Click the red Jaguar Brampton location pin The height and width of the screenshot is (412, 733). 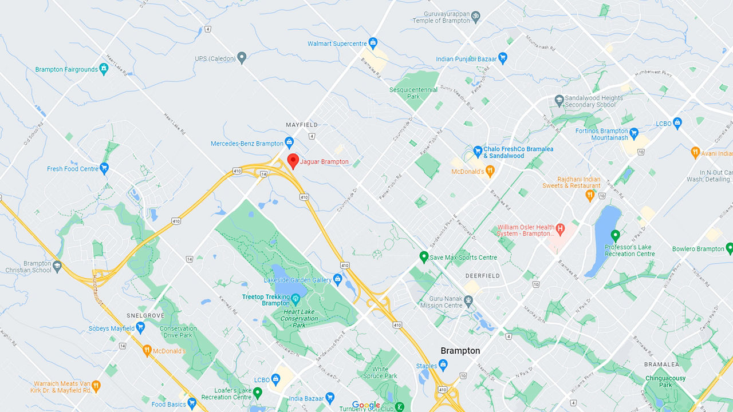pyautogui.click(x=293, y=161)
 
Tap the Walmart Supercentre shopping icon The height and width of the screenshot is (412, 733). pyautogui.click(x=373, y=43)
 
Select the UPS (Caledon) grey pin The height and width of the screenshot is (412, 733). pyautogui.click(x=242, y=58)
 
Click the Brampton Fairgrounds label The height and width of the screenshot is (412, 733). pyautogui.click(x=66, y=70)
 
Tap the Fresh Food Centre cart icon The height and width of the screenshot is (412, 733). pyautogui.click(x=104, y=168)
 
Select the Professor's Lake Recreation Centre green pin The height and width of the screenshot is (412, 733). pyautogui.click(x=615, y=235)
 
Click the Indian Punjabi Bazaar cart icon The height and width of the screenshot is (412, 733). pyautogui.click(x=503, y=58)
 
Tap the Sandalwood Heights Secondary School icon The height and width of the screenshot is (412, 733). pyautogui.click(x=558, y=101)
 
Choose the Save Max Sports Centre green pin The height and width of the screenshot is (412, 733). pyautogui.click(x=424, y=257)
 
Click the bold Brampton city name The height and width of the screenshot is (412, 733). pyautogui.click(x=460, y=351)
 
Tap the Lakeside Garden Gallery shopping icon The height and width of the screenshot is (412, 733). pyautogui.click(x=338, y=280)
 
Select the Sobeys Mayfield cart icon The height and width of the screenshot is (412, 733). pyautogui.click(x=140, y=328)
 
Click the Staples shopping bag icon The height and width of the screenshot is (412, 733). pyautogui.click(x=443, y=366)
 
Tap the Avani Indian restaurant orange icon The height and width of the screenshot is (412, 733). pyautogui.click(x=695, y=153)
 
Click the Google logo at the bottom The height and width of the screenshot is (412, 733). pyautogui.click(x=366, y=405)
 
